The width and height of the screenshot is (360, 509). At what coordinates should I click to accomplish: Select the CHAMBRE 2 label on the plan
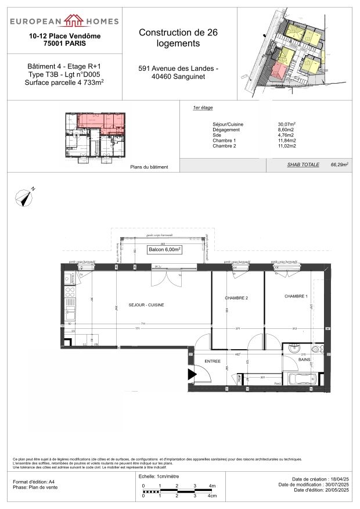coord(236,298)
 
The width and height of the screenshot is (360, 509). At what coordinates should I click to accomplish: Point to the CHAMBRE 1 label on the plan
coord(296,296)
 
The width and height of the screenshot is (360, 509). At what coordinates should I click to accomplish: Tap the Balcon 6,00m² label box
coord(164,249)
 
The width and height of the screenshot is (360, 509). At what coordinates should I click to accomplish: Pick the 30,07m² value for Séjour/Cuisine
coord(287,124)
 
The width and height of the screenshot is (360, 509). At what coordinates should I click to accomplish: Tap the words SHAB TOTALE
coord(303,165)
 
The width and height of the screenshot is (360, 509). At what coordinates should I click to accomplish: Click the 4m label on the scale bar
coord(213,486)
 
